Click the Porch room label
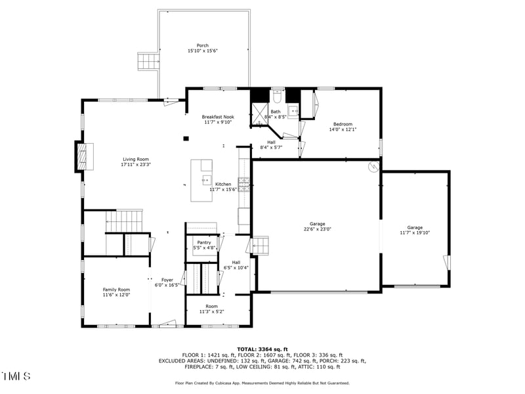(x=203, y=48)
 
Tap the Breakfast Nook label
(x=218, y=119)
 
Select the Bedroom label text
(x=342, y=127)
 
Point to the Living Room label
(x=136, y=162)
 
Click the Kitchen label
(x=223, y=186)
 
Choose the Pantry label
(x=204, y=245)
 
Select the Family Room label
(x=116, y=292)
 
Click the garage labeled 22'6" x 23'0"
(x=317, y=227)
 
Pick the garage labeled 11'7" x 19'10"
(x=415, y=230)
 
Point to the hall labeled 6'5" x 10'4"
(x=236, y=265)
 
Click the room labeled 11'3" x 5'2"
(x=211, y=309)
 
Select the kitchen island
(x=202, y=180)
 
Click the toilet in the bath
(x=277, y=97)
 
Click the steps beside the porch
(x=149, y=62)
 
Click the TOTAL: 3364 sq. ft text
(x=262, y=349)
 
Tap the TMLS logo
(x=16, y=376)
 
